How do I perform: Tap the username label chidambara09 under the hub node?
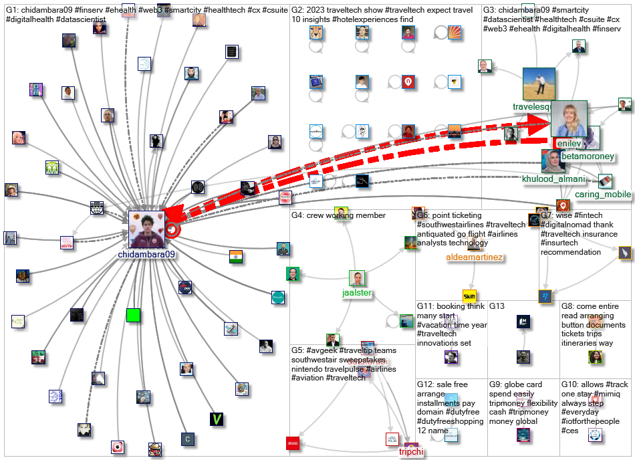[146, 255]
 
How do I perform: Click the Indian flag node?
[235, 257]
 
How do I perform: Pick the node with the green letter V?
[217, 419]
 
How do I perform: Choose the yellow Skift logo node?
[469, 296]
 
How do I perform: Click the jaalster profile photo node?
[357, 279]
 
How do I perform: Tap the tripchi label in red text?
[412, 452]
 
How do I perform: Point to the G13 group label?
[497, 306]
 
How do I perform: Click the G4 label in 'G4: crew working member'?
[297, 215]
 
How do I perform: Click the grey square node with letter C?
[188, 439]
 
